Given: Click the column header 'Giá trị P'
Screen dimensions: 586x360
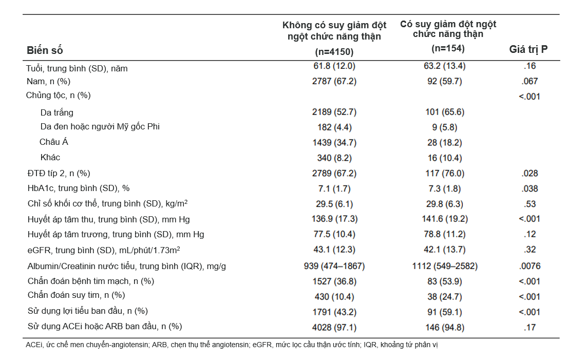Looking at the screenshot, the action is click(528, 49).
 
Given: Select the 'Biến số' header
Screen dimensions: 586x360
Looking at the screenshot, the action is click(45, 50).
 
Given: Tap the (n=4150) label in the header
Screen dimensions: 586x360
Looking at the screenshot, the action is click(334, 51).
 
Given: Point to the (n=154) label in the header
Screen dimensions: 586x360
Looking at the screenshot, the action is click(448, 48).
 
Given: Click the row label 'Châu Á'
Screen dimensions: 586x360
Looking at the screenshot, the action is click(54, 142).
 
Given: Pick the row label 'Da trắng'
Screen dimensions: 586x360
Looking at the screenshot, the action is click(57, 112).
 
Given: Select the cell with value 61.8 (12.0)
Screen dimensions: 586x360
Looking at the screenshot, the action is click(334, 66).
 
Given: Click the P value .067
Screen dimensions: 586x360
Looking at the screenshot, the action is click(530, 81).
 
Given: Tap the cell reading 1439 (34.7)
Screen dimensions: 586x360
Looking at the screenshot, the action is click(334, 143).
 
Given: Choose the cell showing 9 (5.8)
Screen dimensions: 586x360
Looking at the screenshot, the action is click(444, 127).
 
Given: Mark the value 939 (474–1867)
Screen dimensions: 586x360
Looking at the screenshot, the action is click(334, 266).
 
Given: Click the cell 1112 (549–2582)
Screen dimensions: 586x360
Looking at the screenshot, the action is click(445, 266).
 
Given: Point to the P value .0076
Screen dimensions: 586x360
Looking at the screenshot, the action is click(530, 266).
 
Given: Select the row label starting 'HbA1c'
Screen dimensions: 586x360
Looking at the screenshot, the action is click(79, 188).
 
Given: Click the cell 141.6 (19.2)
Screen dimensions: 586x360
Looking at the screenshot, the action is click(445, 219).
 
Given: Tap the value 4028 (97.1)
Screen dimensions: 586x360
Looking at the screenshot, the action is click(334, 328).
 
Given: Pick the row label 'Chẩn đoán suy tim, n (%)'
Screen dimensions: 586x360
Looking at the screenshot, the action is click(76, 295).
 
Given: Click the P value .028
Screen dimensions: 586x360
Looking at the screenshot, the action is click(530, 174).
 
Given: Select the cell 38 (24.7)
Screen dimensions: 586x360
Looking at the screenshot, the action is click(445, 297).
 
